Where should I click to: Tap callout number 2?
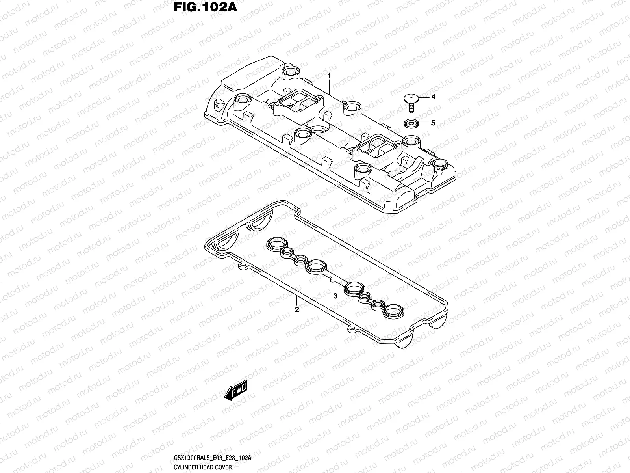(297, 310)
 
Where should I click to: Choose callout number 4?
(433, 97)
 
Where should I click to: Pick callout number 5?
(433, 123)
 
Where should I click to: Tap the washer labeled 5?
(409, 124)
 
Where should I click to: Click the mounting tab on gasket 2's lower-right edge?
(350, 328)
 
